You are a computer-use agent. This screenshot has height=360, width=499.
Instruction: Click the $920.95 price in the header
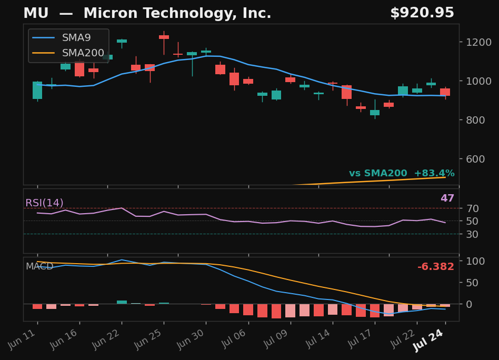pos(422,13)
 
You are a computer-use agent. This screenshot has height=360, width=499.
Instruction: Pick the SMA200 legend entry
pos(68,53)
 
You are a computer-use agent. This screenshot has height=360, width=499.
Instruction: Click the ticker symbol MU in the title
pos(36,13)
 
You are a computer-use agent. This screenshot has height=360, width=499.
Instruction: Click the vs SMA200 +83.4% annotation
pos(402,173)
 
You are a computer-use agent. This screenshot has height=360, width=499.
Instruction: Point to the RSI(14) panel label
pos(44,203)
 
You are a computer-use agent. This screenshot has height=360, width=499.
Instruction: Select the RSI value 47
pos(447,198)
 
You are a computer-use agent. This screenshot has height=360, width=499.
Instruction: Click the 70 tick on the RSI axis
pos(473,208)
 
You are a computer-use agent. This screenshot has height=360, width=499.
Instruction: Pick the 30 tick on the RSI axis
pos(473,234)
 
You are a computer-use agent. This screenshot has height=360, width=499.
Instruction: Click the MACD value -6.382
pos(436,266)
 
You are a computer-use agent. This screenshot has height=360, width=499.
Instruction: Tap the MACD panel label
pos(39,266)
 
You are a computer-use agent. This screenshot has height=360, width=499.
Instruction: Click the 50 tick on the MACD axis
pos(472,283)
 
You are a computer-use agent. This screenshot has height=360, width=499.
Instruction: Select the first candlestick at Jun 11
pos(37,91)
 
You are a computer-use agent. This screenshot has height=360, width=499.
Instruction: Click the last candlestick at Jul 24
pos(445,92)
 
